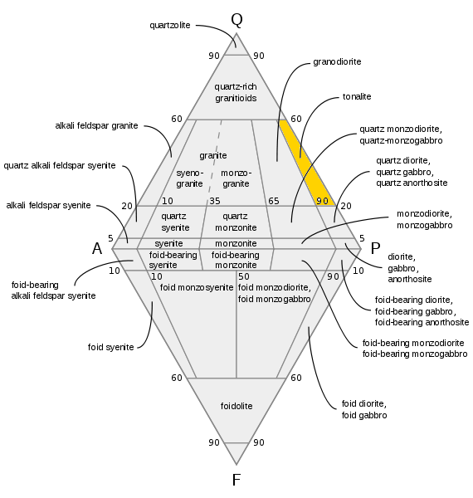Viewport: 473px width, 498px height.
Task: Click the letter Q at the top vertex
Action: pos(236,20)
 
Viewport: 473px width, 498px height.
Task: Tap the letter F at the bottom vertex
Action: pos(236,480)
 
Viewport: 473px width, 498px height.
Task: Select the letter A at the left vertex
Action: pos(97,248)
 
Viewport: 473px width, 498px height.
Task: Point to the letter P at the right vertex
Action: pos(376,248)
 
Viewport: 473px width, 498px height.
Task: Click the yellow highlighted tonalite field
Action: pos(307,163)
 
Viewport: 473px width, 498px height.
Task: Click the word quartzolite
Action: pos(170,25)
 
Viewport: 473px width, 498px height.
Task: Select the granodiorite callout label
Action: pos(337,61)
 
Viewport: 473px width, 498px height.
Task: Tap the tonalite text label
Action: pos(357,96)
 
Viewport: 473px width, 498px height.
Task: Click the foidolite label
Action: pos(236,406)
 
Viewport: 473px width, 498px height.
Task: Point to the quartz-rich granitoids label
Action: pos(236,92)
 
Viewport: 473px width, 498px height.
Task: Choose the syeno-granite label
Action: pos(189,178)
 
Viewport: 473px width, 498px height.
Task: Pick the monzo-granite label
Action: pos(236,178)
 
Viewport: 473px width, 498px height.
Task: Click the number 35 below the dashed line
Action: pos(215,201)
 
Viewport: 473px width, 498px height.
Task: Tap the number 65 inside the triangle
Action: pos(274,201)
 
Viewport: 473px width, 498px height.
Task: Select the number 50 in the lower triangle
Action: pos(244,276)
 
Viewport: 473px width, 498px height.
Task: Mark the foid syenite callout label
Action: pos(111,347)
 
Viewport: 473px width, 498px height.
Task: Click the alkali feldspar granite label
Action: pos(96,126)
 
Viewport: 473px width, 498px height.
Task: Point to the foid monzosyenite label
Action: pos(197,287)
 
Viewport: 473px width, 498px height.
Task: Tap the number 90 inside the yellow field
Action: pos(322,201)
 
